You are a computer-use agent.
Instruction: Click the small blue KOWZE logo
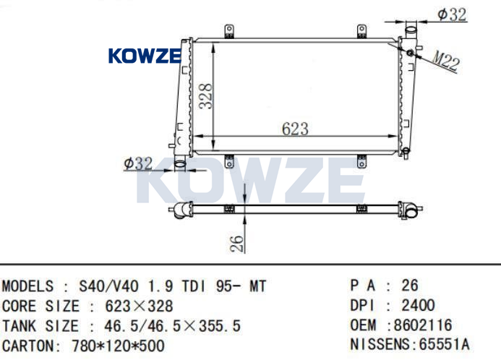tap(145, 56)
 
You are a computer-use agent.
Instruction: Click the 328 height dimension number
tap(205, 96)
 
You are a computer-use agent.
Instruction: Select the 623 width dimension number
tap(295, 129)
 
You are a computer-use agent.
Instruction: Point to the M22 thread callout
tap(446, 61)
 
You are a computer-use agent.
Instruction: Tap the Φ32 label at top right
tap(452, 14)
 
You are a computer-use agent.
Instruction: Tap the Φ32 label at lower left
tap(138, 163)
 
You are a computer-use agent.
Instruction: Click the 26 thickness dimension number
tap(237, 244)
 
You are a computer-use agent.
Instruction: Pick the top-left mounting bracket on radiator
tap(229, 31)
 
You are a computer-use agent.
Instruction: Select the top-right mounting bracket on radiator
tap(361, 31)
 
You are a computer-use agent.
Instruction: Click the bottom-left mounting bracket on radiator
tap(229, 161)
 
